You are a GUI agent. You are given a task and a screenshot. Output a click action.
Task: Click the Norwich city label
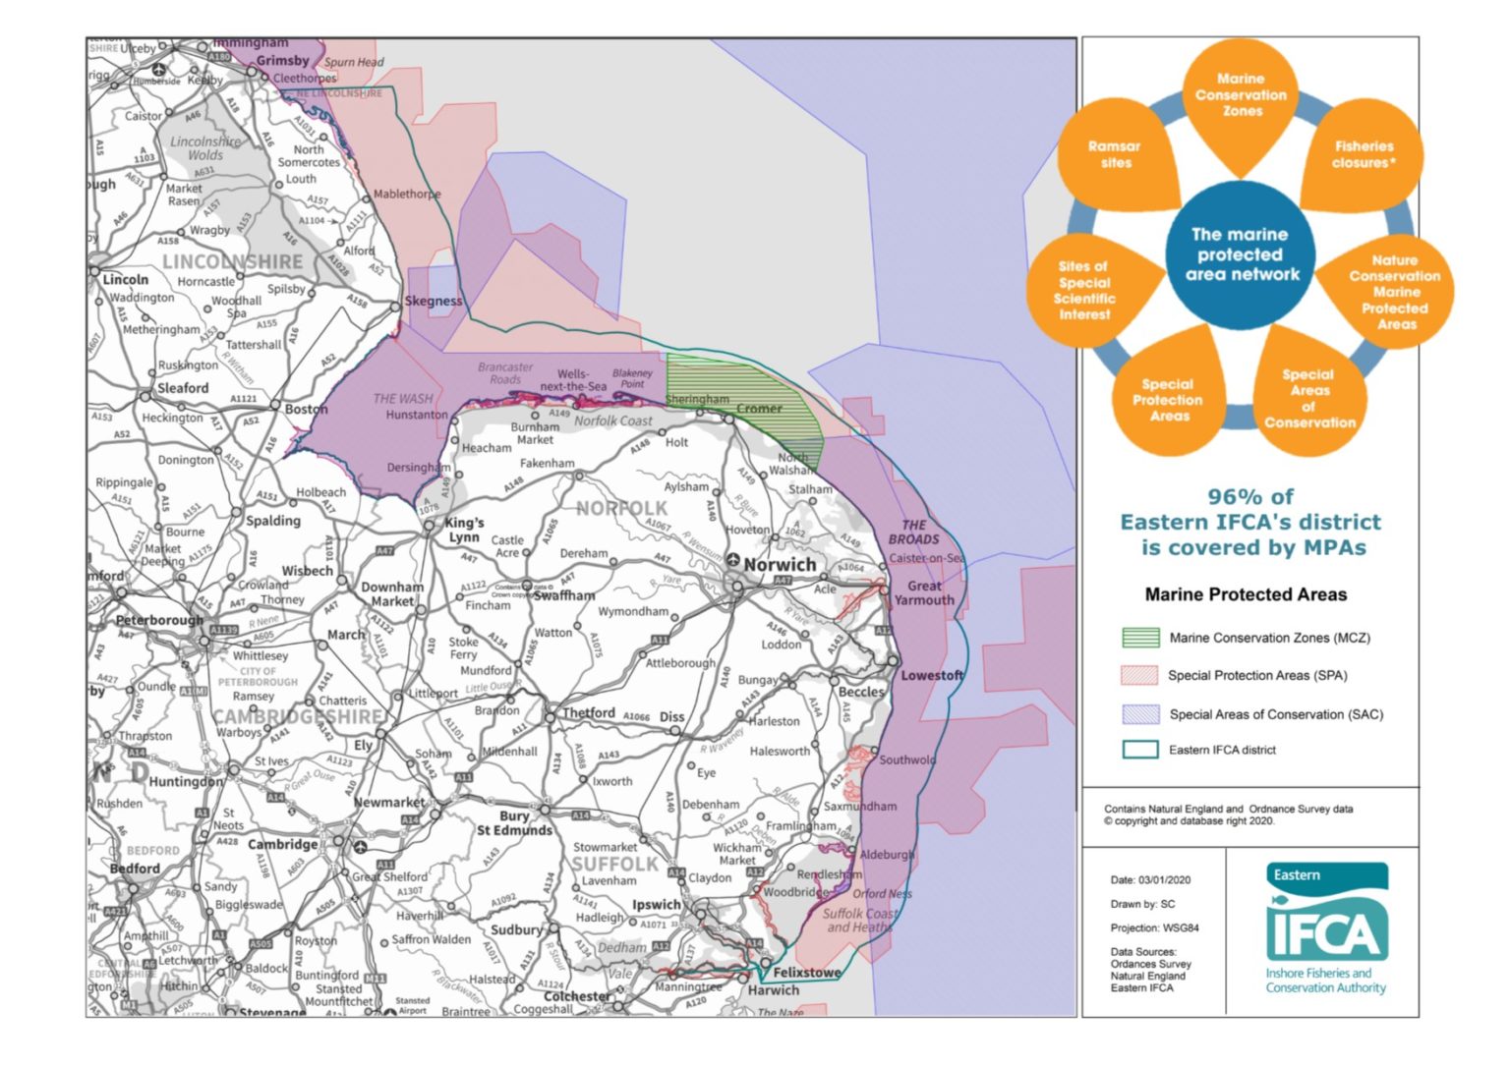[780, 565]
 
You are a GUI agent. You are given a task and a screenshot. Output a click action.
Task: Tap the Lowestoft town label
[932, 675]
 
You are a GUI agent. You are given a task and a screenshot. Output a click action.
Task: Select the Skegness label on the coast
[433, 301]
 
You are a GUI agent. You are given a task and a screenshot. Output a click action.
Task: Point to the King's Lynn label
[463, 530]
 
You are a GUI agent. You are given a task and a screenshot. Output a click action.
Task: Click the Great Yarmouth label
[924, 592]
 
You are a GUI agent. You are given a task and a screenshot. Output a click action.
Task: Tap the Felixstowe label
[806, 972]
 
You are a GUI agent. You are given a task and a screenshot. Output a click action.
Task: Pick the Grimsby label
[282, 61]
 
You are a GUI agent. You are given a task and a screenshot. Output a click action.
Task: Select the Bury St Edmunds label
[514, 823]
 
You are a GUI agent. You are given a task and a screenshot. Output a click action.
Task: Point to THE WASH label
[402, 398]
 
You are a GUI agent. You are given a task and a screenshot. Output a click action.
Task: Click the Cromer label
[759, 408]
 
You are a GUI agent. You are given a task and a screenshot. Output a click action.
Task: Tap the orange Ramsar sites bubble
[1115, 155]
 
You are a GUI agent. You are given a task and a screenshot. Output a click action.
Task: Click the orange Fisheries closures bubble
[1364, 154]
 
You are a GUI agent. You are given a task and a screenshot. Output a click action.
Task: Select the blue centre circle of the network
[1241, 254]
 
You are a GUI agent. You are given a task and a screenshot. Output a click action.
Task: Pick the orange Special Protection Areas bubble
[1168, 399]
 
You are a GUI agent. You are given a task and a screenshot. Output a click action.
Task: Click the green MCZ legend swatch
[1140, 638]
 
